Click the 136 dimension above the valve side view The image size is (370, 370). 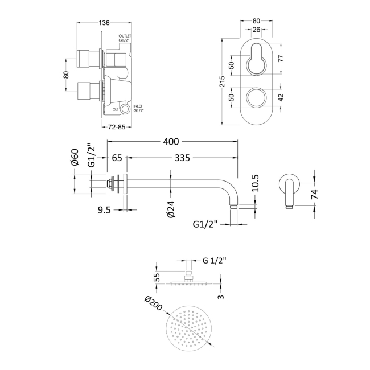pos(104,23)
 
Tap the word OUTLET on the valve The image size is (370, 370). pos(125,35)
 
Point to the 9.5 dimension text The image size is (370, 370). pos(104,209)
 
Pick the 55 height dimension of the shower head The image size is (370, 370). pos(157,277)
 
